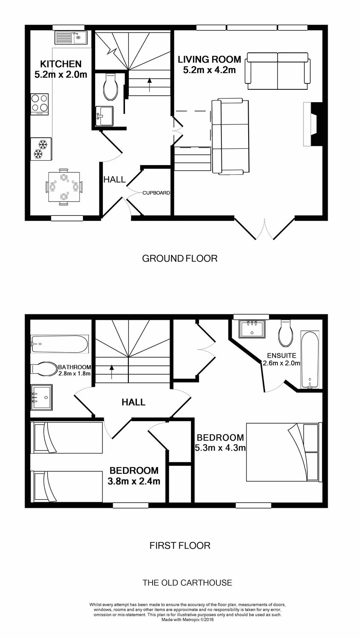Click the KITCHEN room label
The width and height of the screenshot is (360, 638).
61,64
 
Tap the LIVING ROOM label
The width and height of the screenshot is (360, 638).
210,60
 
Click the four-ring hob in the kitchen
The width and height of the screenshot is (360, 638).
40,104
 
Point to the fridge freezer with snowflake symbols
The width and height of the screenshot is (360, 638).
41,149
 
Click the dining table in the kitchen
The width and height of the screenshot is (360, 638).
64,187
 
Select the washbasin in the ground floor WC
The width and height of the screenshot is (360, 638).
104,116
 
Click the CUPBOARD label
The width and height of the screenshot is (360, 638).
156,193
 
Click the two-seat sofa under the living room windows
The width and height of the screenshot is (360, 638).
278,71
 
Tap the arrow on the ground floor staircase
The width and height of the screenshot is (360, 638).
150,84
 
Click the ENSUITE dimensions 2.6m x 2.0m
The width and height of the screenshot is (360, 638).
281,363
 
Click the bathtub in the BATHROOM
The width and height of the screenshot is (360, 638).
60,344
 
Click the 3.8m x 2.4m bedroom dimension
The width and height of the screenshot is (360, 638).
134,481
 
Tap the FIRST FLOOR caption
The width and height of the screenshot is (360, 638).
180,545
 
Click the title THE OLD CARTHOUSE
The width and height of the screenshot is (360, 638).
187,583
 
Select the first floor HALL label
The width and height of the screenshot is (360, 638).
133,402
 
